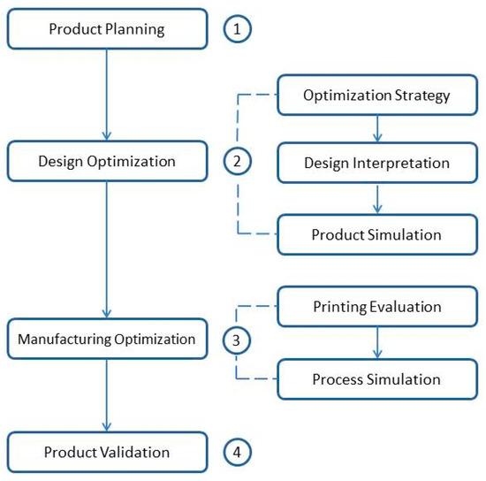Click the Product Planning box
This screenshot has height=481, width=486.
click(106, 28)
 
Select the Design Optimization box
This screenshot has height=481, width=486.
click(106, 161)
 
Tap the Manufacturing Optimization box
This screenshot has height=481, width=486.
click(106, 338)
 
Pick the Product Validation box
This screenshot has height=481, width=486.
click(106, 452)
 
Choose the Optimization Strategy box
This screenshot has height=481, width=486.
click(376, 94)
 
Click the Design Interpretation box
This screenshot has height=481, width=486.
click(376, 163)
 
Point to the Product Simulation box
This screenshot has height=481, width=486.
click(376, 234)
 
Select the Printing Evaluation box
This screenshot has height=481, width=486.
click(376, 309)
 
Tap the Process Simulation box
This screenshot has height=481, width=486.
click(376, 379)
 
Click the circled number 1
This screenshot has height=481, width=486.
click(237, 28)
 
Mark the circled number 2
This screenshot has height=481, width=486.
click(237, 161)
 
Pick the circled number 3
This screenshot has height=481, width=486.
click(237, 338)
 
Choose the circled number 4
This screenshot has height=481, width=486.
click(237, 452)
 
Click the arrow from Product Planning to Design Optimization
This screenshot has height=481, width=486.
click(106, 93)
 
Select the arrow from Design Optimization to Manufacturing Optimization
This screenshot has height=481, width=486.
click(106, 248)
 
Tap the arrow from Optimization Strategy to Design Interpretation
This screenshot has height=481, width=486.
click(378, 128)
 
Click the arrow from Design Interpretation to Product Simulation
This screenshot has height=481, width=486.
click(378, 198)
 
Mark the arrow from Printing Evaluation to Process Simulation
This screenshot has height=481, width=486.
click(378, 344)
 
